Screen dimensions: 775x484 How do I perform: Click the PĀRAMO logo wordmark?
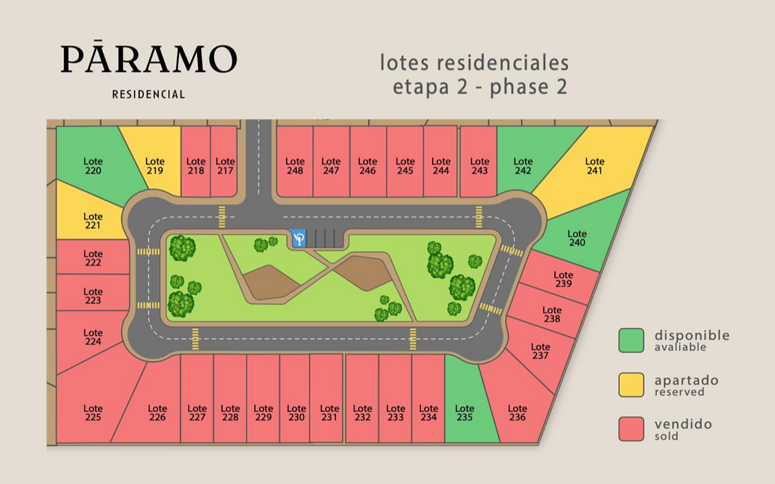pyautogui.click(x=149, y=60)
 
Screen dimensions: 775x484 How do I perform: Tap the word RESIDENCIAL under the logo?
pyautogui.click(x=149, y=95)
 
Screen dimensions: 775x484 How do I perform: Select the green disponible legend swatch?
pyautogui.click(x=631, y=341)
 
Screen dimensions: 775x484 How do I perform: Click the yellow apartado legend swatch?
pyautogui.click(x=631, y=385)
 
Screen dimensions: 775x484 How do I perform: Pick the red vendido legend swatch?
pyautogui.click(x=631, y=429)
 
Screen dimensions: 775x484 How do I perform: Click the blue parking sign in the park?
pyautogui.click(x=298, y=238)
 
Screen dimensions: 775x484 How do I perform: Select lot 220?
pyautogui.click(x=93, y=165)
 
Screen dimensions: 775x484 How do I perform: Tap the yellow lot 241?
pyautogui.click(x=595, y=166)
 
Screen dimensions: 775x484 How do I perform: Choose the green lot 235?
pyautogui.click(x=464, y=412)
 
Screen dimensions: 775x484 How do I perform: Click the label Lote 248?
pyautogui.click(x=295, y=166)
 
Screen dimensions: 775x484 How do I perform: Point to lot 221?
pyautogui.click(x=93, y=221)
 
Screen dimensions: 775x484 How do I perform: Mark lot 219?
pyautogui.click(x=155, y=166)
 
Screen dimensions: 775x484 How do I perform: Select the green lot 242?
pyautogui.click(x=523, y=166)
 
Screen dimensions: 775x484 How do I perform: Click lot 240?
pyautogui.click(x=577, y=238)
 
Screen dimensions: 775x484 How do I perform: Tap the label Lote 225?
pyautogui.click(x=93, y=413)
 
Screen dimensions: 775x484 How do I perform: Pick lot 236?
pyautogui.click(x=517, y=413)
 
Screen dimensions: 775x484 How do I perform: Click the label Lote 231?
pyautogui.click(x=329, y=413)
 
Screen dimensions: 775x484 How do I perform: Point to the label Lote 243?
pyautogui.click(x=479, y=166)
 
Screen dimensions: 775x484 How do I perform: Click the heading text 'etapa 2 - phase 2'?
pyautogui.click(x=479, y=88)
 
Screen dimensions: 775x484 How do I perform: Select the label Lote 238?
pyautogui.click(x=551, y=314)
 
